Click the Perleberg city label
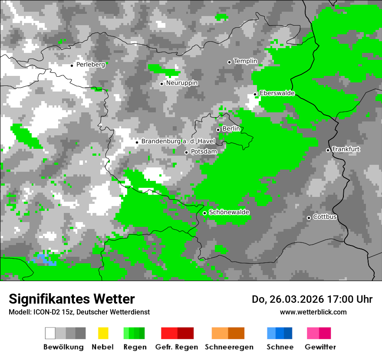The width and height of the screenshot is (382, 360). tap(90, 65)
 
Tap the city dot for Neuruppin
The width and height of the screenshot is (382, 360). tap(161, 84)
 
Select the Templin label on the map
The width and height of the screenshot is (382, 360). tap(245, 61)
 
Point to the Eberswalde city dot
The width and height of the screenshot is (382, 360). tap(255, 94)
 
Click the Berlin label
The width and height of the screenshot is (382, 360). tap(231, 129)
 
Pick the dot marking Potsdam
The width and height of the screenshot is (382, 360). tap(187, 152)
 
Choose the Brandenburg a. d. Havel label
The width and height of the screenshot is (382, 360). tap(172, 141)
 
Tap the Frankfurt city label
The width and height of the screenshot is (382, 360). tap(346, 149)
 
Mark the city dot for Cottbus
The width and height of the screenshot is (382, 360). tap(309, 218)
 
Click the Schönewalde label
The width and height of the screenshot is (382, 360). tap(229, 212)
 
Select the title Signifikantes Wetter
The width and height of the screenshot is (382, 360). tap(72, 299)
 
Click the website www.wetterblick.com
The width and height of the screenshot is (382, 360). tap(313, 312)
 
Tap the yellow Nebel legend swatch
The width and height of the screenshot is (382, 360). tap(103, 333)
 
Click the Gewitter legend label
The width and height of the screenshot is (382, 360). tap(320, 347)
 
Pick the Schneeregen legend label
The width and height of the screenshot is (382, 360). tap(229, 347)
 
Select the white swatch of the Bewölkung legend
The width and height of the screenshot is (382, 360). tap(50, 333)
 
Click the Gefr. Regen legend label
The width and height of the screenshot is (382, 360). tap(177, 347)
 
